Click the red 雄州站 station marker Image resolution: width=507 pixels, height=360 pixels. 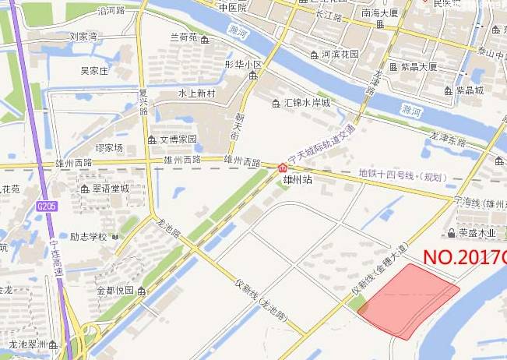coord(282,166)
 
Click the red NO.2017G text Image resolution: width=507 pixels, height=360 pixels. coord(464,256)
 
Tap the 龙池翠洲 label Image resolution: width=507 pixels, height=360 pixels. coord(29,344)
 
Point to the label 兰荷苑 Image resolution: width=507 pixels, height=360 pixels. coord(185,37)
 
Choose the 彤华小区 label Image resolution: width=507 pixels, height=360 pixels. coord(243,64)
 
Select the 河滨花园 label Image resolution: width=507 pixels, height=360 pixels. coord(340,55)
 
